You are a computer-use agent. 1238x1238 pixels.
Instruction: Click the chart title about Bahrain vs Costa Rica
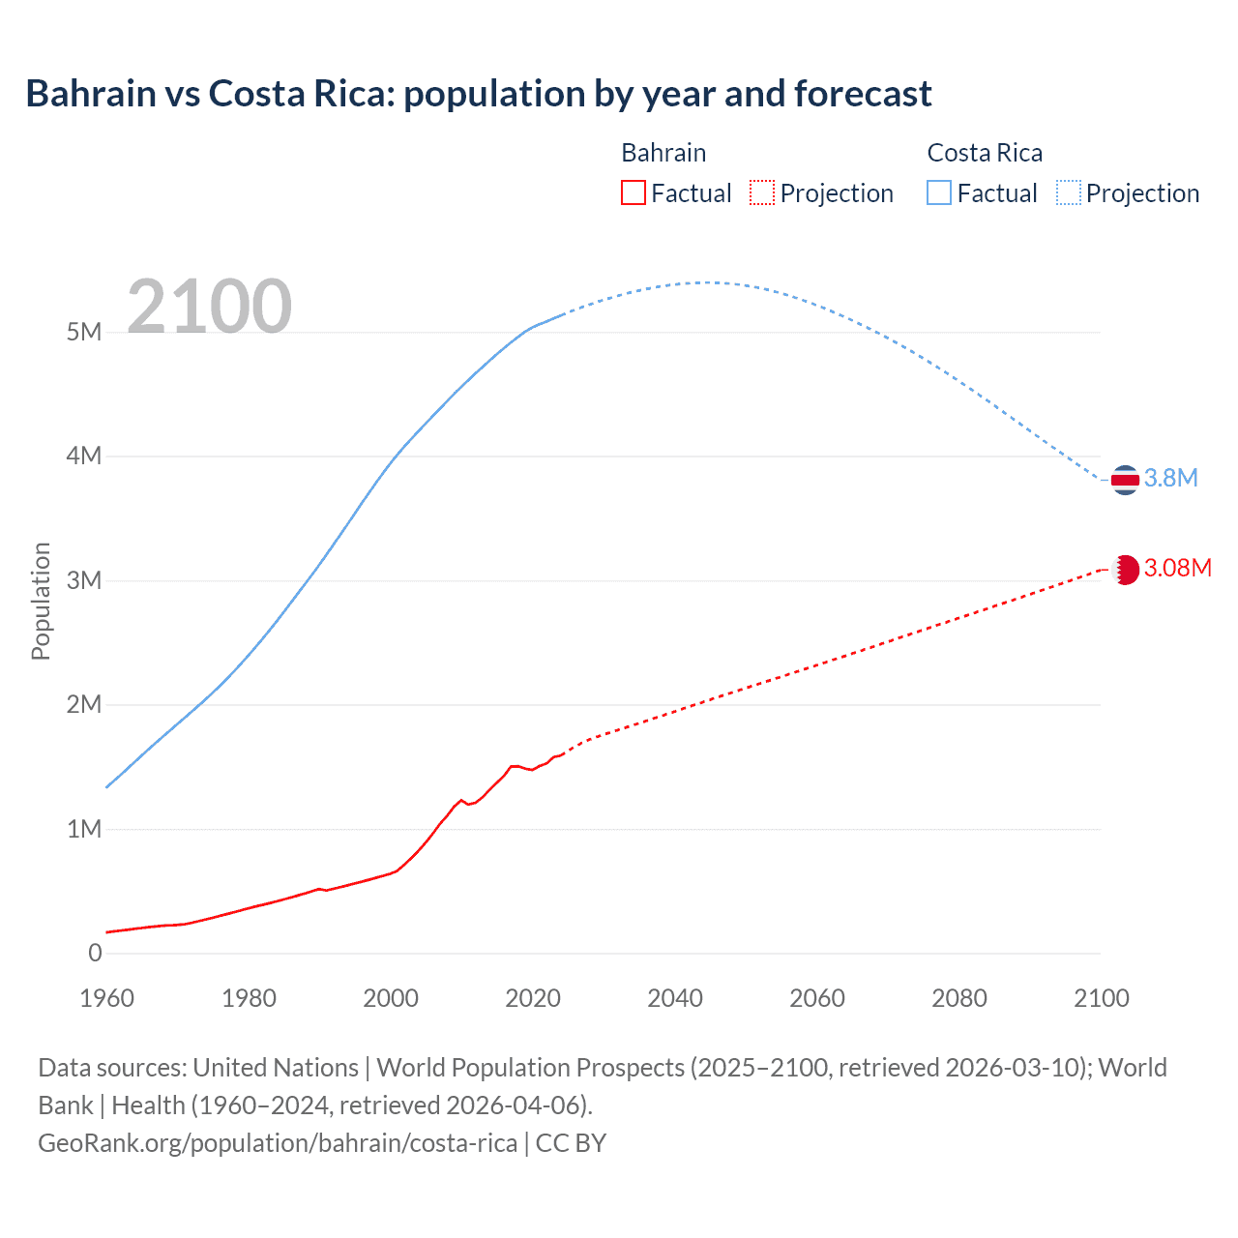479,94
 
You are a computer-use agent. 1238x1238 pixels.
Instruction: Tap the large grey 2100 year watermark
209,307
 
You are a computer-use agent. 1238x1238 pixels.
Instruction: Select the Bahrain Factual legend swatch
633,193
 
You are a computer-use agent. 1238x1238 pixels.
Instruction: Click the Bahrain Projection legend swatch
762,193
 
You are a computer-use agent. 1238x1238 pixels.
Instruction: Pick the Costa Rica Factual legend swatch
939,193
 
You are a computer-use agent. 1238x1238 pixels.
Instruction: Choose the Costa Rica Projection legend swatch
1068,193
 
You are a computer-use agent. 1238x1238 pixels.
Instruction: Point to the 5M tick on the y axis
84,332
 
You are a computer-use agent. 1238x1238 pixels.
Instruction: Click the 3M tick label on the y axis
84,580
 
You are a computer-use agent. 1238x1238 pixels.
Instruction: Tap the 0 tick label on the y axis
95,953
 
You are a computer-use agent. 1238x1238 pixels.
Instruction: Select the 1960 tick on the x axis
106,998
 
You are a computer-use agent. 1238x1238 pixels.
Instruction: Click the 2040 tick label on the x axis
675,998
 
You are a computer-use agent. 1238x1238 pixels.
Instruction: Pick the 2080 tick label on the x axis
959,998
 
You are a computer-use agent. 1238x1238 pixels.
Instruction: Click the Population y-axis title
41,601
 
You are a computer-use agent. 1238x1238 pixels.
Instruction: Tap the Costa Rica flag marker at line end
1125,480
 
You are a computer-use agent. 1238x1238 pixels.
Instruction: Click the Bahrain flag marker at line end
1125,570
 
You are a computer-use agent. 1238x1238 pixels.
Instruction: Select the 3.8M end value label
1171,479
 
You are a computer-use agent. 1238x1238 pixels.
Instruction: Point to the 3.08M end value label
1177,568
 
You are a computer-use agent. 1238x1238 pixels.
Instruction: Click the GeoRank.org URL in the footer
278,1143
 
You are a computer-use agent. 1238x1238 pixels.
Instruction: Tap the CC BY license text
571,1143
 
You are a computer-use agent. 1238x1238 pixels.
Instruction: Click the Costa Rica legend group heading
985,153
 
